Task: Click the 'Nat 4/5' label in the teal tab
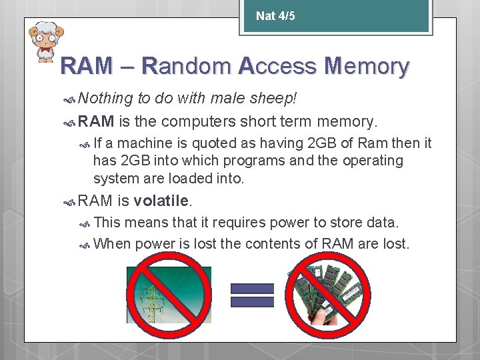tap(275, 16)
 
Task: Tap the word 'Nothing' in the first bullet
tap(105, 99)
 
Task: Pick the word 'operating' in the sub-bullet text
tap(373, 161)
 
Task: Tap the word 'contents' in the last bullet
tap(273, 243)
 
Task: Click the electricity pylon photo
tap(169, 295)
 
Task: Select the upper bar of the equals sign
tap(252, 288)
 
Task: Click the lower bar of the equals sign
tap(252, 301)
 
